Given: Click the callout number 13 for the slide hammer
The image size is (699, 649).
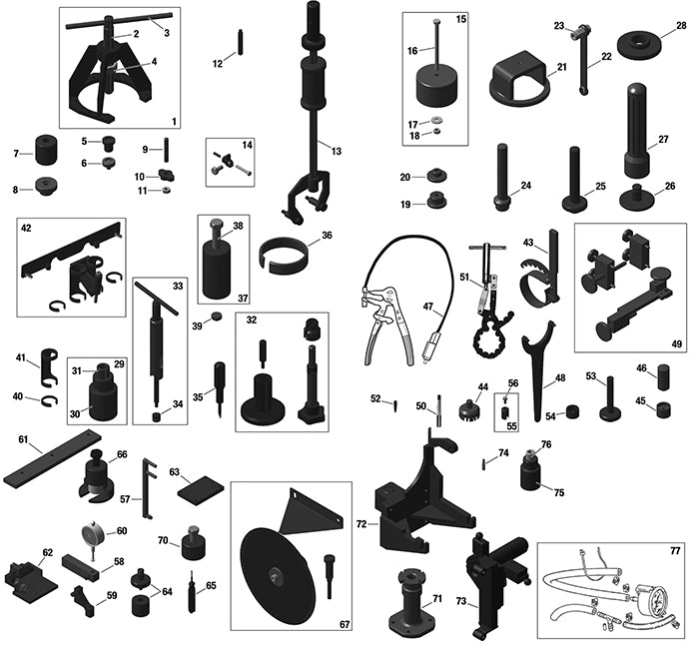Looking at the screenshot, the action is tap(337, 151).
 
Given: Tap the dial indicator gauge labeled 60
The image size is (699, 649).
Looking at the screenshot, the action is tap(93, 532).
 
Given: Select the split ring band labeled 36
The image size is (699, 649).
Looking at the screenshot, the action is tap(283, 254).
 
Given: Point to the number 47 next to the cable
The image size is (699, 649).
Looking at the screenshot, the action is tap(428, 307).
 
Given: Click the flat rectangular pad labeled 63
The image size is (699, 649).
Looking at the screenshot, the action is tap(200, 490).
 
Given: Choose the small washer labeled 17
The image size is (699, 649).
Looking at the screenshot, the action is tap(435, 120).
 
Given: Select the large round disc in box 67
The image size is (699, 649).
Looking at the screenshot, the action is tap(275, 575).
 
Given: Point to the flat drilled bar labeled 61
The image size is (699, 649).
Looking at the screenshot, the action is tap(53, 458).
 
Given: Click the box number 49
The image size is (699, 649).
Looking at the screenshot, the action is tap(677, 343).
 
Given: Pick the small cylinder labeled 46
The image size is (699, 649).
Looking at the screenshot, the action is tap(663, 376).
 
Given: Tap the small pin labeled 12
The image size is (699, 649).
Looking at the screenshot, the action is tap(241, 42).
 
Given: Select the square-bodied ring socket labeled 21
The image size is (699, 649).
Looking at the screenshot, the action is tap(520, 78).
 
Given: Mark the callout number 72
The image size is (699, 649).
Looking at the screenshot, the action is tap(361, 524).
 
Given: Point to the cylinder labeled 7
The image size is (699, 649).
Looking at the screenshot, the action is tap(46, 150).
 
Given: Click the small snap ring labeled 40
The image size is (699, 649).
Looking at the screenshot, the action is tap(49, 401).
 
